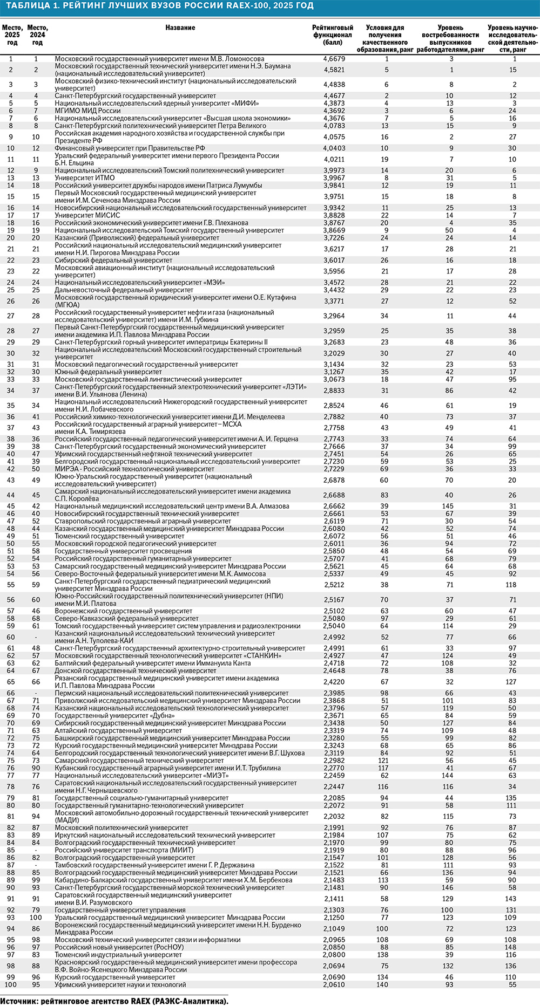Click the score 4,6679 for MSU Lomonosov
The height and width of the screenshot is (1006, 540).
tap(334, 59)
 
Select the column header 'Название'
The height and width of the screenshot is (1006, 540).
tap(180, 28)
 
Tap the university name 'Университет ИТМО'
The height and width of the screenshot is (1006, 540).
tap(85, 178)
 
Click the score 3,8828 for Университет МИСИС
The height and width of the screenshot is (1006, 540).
tap(334, 215)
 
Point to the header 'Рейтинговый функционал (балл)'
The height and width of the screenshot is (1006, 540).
tap(333, 35)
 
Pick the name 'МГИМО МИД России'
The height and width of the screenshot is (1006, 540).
tap(87, 111)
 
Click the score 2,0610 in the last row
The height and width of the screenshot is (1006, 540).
tap(334, 984)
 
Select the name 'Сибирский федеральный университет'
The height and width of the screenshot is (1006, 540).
tap(113, 260)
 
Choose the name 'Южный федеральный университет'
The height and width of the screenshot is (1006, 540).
tap(108, 372)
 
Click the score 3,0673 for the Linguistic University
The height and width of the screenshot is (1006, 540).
tap(334, 379)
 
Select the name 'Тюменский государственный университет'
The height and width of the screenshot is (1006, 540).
tap(119, 536)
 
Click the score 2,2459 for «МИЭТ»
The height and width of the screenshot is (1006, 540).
tap(334, 776)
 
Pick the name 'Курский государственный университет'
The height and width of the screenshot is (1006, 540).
tap(115, 977)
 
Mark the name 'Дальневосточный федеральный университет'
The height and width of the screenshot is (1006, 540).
tap(124, 290)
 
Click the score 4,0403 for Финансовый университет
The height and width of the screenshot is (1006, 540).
tap(334, 148)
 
